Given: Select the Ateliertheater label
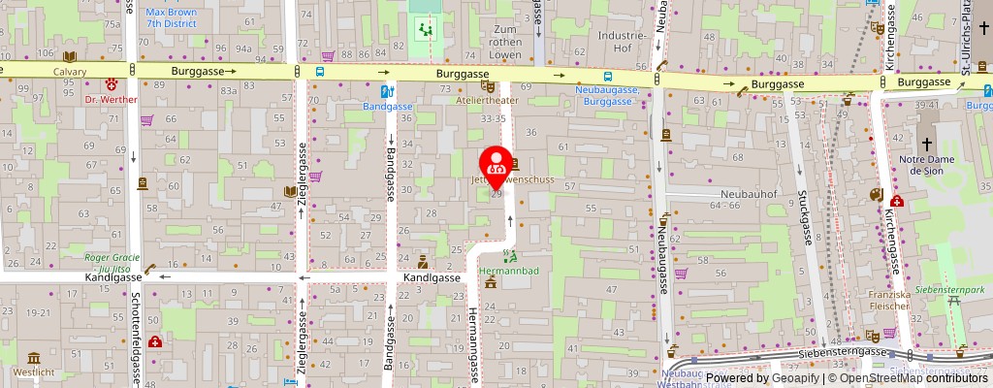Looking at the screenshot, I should tap(486, 100).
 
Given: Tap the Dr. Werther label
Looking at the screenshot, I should tap(112, 99).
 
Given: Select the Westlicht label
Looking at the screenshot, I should tap(34, 372).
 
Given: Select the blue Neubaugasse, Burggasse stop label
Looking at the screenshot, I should tap(606, 95).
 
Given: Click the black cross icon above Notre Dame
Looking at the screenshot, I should tap(927, 143).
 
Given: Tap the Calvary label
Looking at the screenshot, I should tap(70, 72).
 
